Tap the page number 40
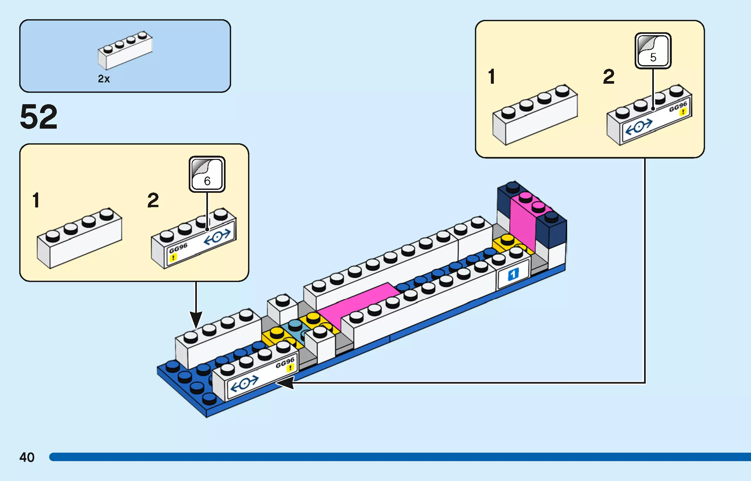tap(27, 457)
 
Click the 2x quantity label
tap(104, 79)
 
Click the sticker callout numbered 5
tap(653, 51)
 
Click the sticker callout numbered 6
tap(207, 174)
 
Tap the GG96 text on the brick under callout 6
tap(178, 248)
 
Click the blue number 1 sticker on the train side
tap(513, 275)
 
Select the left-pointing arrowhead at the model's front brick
tap(285, 382)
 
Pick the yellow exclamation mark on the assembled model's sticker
tap(290, 368)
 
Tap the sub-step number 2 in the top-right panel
tap(609, 77)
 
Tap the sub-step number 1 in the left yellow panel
tap(36, 200)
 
